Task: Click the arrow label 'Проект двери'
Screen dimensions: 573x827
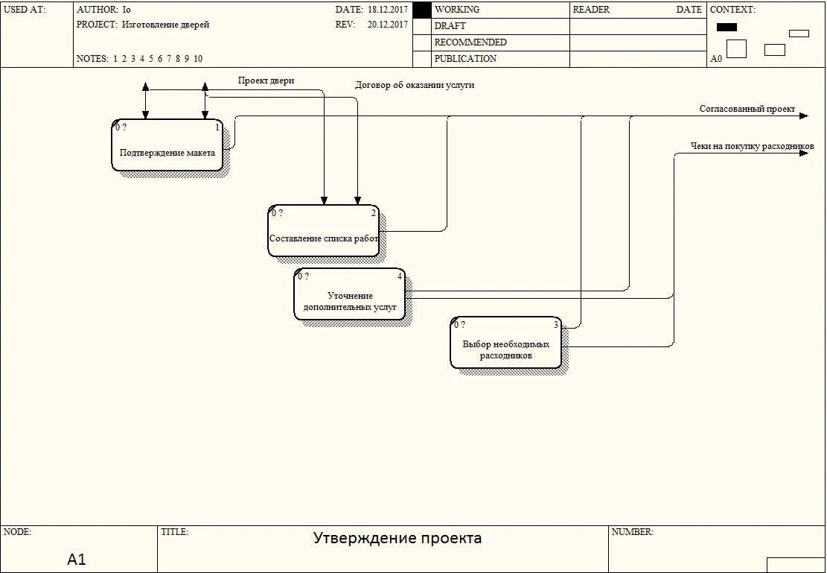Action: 266,80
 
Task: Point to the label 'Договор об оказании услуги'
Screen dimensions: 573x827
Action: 415,85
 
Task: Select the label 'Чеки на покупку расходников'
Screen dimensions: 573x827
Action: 753,146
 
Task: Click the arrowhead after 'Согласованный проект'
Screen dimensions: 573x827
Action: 803,116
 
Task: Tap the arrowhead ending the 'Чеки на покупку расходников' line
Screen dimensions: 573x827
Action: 803,153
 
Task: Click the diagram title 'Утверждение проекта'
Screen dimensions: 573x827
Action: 397,538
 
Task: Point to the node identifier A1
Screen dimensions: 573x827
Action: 77,559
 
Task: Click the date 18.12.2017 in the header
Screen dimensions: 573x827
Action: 387,10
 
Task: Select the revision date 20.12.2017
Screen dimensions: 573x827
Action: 387,25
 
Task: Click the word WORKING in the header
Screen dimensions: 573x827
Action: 457,10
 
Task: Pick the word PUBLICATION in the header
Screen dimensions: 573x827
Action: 465,59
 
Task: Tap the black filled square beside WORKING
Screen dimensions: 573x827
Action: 422,10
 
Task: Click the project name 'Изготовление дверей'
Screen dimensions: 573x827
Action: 165,25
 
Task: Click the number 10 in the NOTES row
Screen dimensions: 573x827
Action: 198,59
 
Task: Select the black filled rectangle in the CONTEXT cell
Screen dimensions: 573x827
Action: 727,27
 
